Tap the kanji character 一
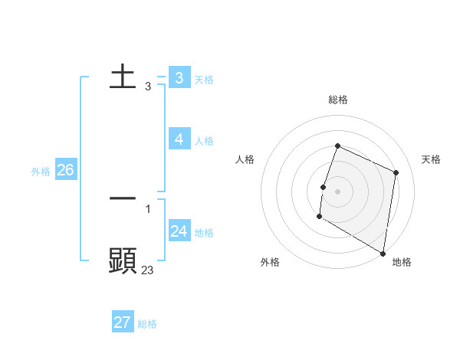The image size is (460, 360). [123, 198]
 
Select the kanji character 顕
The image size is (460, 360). [123, 260]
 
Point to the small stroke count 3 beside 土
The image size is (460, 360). [147, 87]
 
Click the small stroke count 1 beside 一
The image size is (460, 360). [147, 208]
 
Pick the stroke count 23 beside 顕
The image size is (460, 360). [147, 270]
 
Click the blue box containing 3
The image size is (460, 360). [179, 77]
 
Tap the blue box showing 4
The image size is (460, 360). [179, 139]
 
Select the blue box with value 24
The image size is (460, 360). [179, 231]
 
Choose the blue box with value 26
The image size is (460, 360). [65, 170]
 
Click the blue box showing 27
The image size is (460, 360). [123, 322]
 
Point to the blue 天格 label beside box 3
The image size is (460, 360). [204, 79]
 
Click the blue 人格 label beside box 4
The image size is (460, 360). [204, 140]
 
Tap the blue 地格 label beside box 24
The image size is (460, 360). [204, 232]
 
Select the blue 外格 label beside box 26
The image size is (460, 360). [41, 172]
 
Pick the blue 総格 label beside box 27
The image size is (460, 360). [147, 324]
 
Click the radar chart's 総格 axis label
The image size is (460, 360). [338, 100]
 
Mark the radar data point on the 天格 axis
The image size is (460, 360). [396, 172]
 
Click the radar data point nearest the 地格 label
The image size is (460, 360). [383, 253]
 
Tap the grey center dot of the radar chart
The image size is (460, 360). [338, 191]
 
